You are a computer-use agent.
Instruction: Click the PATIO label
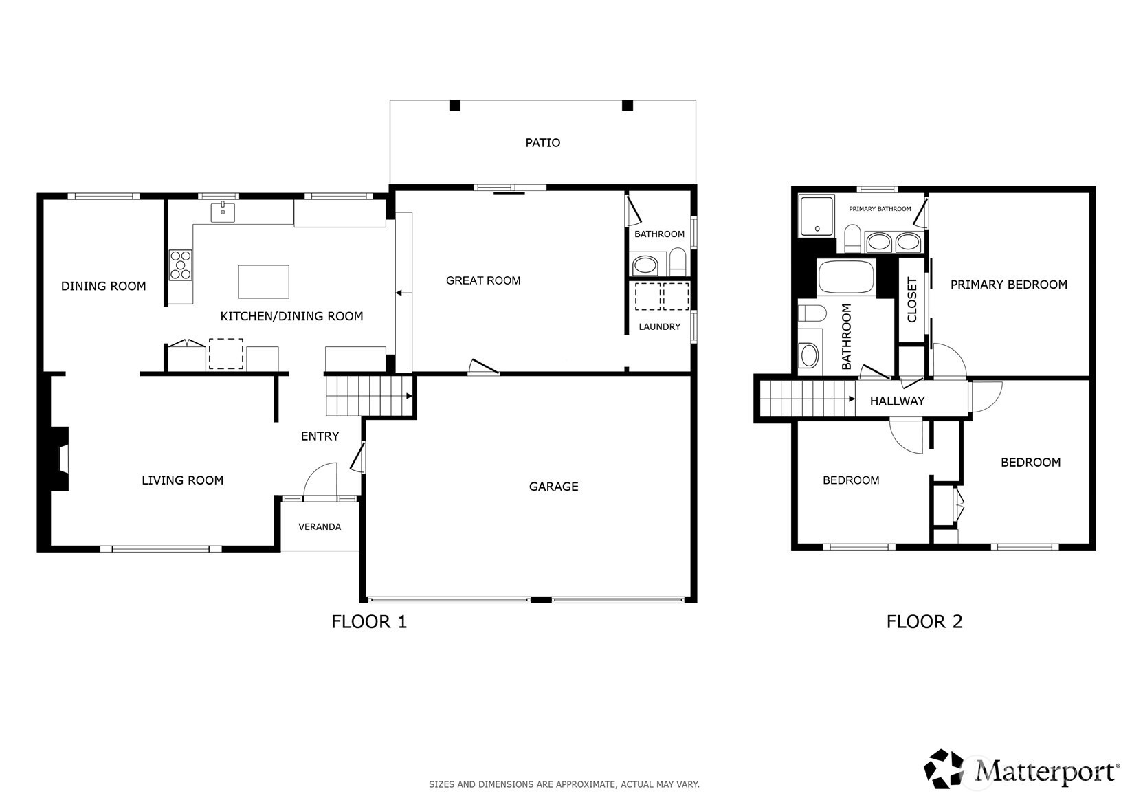(543, 143)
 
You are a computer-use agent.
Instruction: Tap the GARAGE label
(553, 487)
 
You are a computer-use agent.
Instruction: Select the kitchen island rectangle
(263, 282)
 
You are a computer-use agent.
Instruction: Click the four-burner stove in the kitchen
(180, 265)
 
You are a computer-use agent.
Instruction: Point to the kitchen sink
(223, 212)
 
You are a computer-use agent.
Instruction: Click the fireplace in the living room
(59, 459)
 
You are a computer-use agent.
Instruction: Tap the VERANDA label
(320, 527)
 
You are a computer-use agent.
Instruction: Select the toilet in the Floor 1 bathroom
(678, 262)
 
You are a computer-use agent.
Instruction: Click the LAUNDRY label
(660, 327)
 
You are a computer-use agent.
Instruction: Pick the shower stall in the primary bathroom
(816, 216)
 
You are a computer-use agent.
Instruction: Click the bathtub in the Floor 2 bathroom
(846, 277)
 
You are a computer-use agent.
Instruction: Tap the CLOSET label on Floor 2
(911, 300)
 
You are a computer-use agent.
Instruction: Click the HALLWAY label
(897, 401)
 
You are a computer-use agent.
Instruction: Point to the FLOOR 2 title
(924, 621)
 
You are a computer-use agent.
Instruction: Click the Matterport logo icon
(944, 768)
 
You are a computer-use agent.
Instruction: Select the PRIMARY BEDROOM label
(1009, 285)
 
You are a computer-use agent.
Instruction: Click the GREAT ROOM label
(483, 281)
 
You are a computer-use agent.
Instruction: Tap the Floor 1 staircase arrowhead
(410, 396)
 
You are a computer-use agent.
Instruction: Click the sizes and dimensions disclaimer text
(564, 784)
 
